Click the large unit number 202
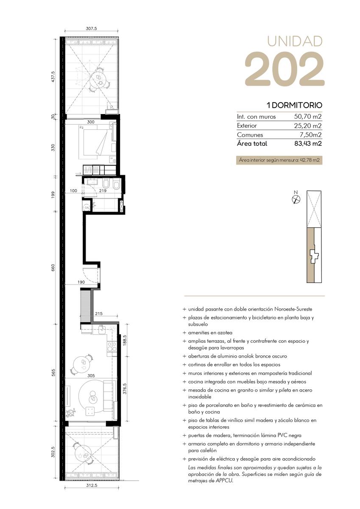point(285,69)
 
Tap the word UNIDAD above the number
point(295,42)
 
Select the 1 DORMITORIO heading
point(295,105)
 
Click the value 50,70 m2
point(308,117)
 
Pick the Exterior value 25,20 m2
point(308,126)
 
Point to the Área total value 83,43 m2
point(308,144)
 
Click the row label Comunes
point(250,135)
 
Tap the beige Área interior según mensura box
point(279,160)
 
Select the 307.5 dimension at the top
point(91,29)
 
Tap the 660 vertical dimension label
point(53,268)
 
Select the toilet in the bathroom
point(116,185)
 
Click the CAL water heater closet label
point(87,208)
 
